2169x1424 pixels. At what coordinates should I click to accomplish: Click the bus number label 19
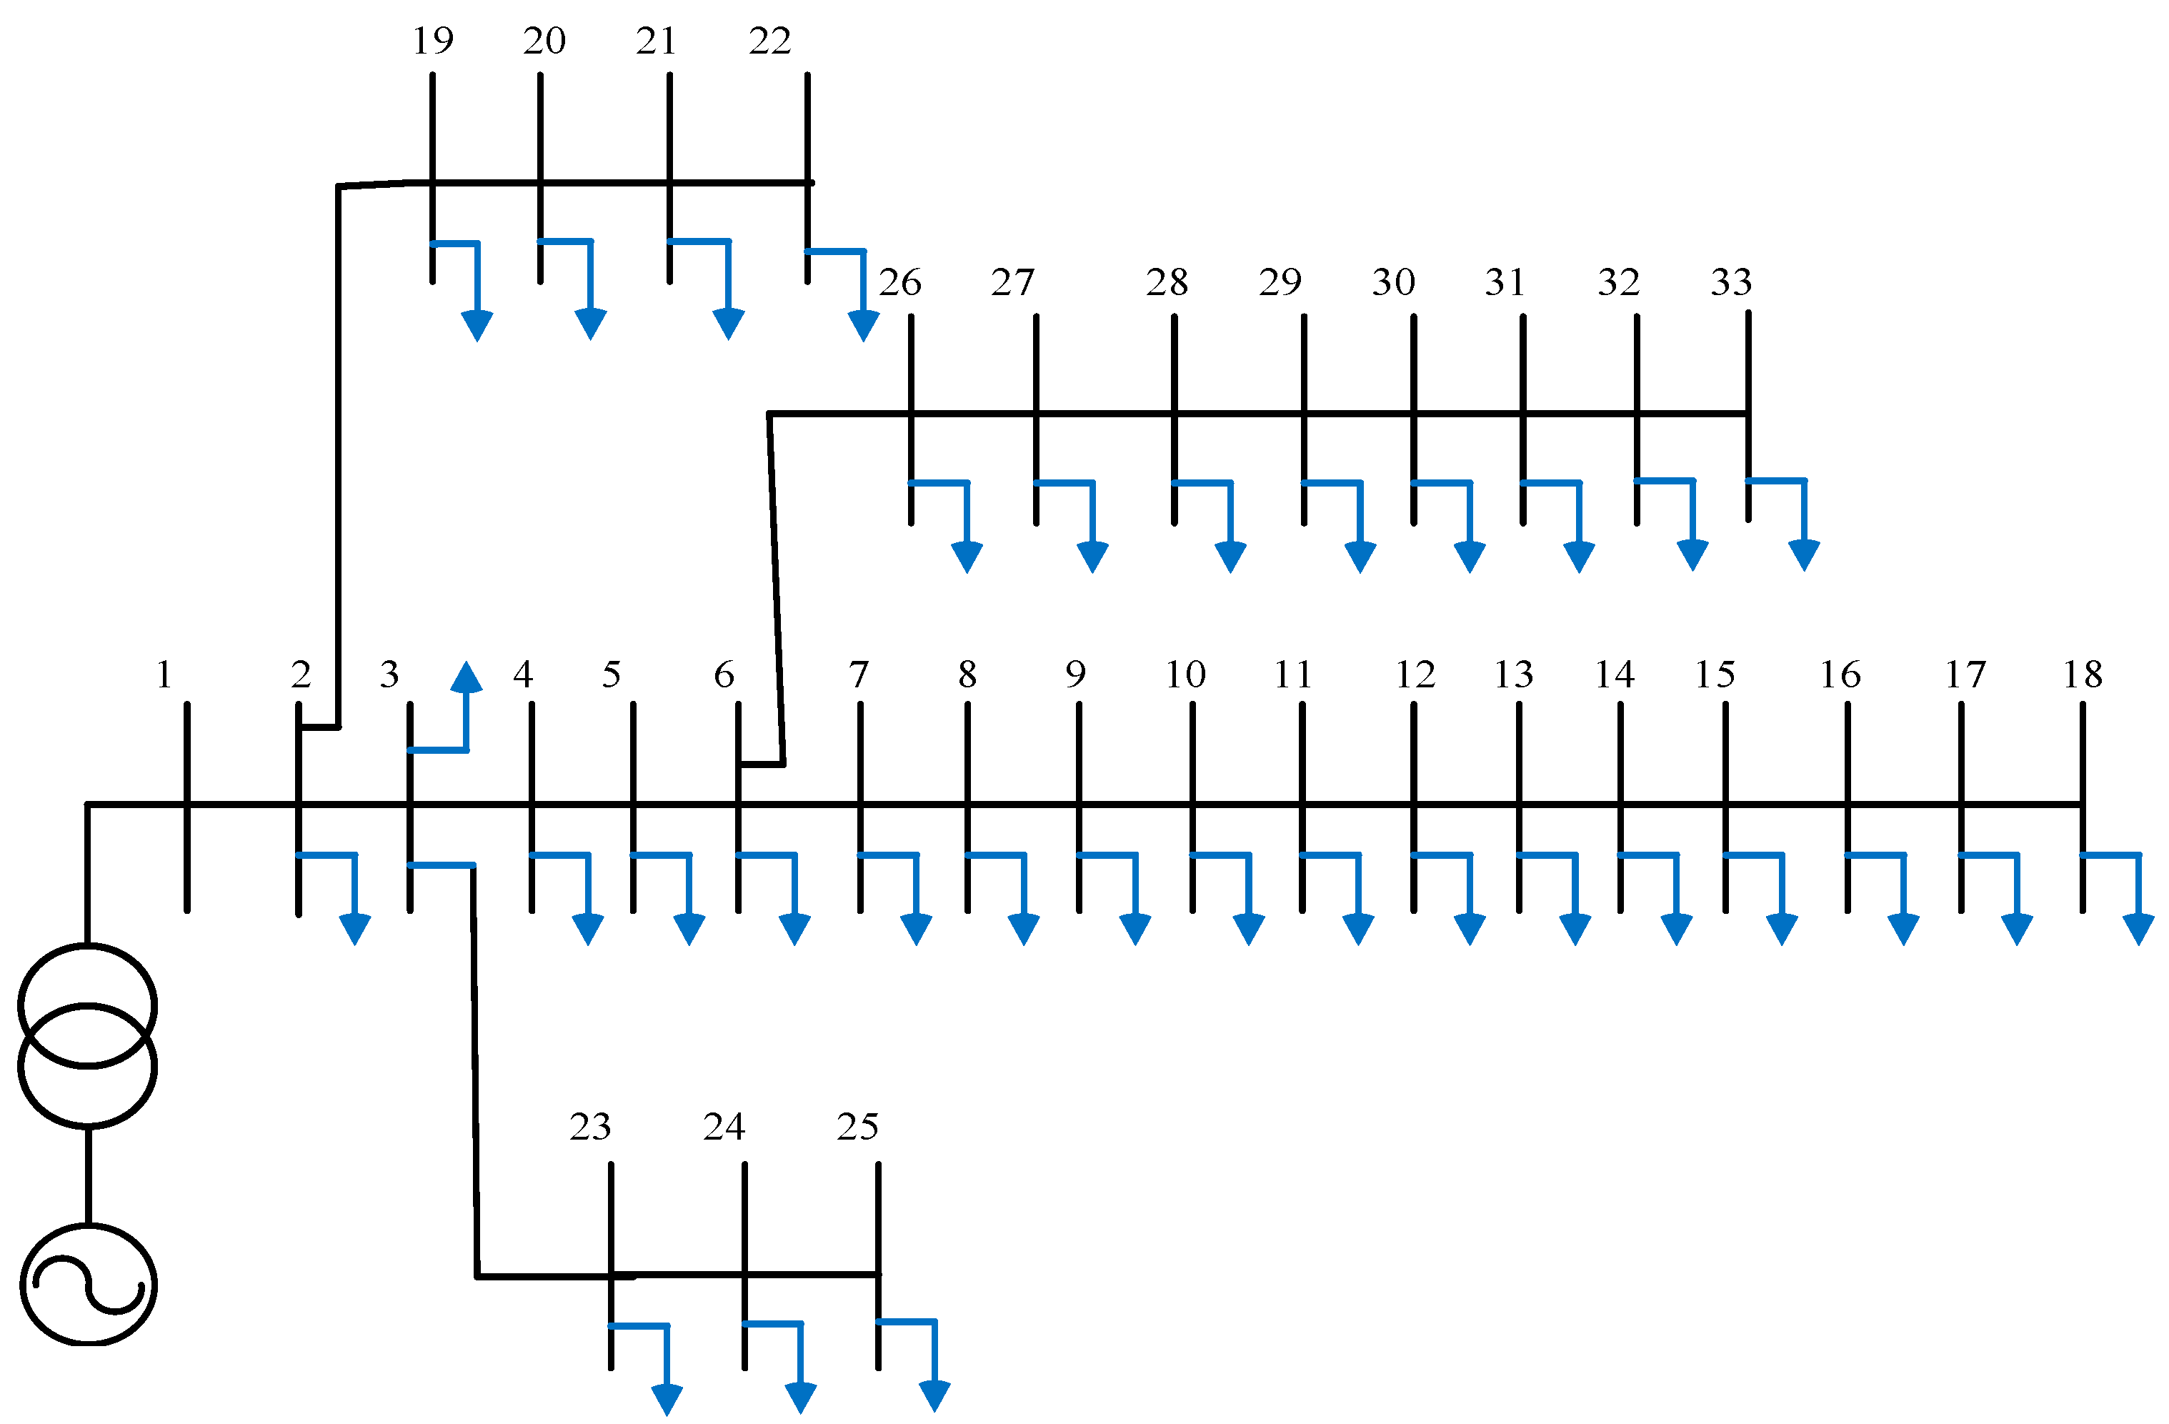[432, 41]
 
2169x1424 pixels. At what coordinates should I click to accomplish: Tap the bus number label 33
[1730, 283]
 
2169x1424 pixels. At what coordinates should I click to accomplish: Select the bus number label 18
[2083, 675]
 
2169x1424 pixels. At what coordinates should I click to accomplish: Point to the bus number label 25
[857, 1127]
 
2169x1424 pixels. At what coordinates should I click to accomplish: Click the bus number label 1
[164, 675]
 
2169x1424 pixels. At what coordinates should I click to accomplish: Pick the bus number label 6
[724, 675]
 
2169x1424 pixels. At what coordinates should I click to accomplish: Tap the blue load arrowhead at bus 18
[2139, 930]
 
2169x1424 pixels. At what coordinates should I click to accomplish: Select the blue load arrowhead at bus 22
[863, 326]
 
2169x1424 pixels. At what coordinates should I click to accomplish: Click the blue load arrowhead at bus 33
[1803, 555]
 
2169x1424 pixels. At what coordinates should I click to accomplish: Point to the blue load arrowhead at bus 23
[667, 1400]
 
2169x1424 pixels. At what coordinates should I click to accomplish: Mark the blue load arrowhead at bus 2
[354, 930]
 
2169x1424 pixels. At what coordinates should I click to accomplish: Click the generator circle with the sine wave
[89, 1285]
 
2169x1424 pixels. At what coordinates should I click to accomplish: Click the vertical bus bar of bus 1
[187, 807]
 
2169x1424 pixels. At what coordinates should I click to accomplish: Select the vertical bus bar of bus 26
[910, 419]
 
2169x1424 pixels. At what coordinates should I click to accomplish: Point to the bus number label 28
[1167, 283]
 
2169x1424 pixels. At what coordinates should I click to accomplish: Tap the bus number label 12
[1415, 675]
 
